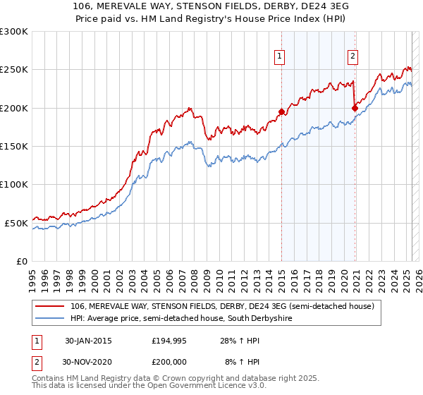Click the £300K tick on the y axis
(14, 32)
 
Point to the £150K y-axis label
(14, 147)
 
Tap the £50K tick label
(16, 223)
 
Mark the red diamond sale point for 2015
(281, 111)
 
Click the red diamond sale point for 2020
(354, 108)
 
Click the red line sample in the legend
(50, 307)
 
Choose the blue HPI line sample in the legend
(50, 319)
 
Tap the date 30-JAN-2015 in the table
(87, 341)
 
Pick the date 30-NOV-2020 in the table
(88, 361)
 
